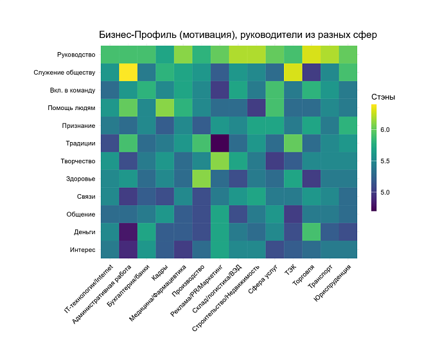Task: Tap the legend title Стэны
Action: point(383,97)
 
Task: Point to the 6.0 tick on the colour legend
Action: point(385,130)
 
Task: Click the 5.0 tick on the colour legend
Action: point(385,192)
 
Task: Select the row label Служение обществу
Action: point(64,73)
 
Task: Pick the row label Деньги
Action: point(85,232)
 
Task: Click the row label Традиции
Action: point(80,143)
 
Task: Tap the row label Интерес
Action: point(83,250)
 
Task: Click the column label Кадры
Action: point(161,273)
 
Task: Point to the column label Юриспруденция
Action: point(333,283)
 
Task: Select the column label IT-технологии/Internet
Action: point(89,289)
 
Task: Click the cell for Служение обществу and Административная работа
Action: point(128,72)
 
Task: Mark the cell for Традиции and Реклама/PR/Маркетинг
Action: point(220,143)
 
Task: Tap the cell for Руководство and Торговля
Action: point(312,55)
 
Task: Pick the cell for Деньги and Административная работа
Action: point(128,232)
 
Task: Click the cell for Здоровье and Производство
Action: point(202,179)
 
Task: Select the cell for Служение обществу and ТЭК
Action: point(293,72)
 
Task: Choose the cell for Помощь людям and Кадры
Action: point(165,108)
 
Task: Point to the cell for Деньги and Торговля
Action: point(312,232)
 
